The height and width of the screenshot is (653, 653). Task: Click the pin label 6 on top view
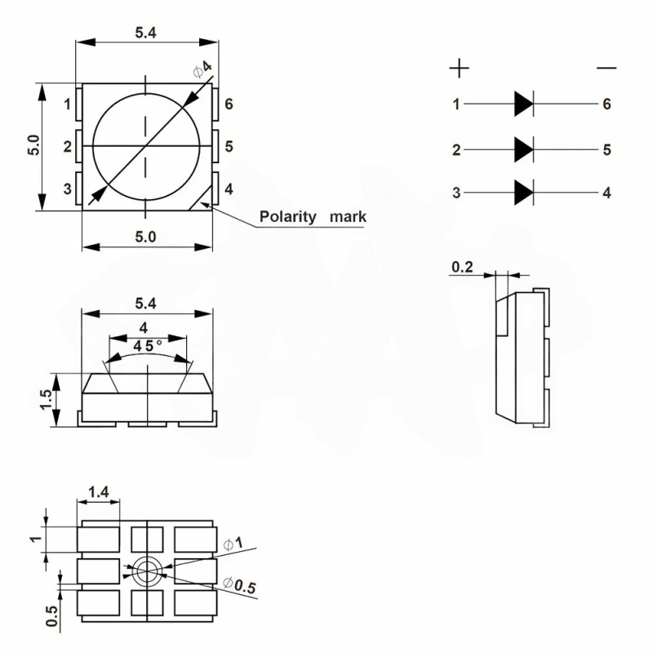tap(229, 104)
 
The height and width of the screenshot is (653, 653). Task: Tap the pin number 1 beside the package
tap(68, 104)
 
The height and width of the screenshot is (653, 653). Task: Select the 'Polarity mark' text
tap(313, 217)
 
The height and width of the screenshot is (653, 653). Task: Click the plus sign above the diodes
tap(460, 68)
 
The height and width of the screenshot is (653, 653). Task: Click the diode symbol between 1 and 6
tap(523, 104)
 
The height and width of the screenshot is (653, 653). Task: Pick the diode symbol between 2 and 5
tap(523, 149)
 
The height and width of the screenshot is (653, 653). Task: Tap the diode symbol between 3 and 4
tap(523, 193)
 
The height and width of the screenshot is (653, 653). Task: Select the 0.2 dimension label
tap(462, 267)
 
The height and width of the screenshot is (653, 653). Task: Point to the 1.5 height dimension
tap(47, 400)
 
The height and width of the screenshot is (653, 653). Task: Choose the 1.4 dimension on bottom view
tap(99, 491)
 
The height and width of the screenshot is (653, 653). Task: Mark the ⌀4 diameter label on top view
tap(202, 69)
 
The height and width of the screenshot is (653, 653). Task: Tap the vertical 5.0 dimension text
tap(33, 145)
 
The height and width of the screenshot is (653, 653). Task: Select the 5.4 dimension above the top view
tap(144, 33)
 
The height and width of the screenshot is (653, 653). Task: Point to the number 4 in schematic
tap(606, 193)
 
